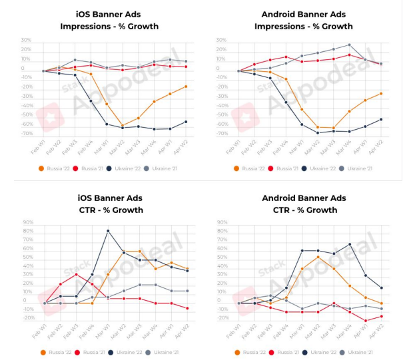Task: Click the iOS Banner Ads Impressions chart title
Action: (x=109, y=21)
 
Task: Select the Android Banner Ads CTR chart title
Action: (x=304, y=204)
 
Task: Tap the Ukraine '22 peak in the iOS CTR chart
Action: (x=108, y=231)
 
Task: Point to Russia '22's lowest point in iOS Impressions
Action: (x=123, y=125)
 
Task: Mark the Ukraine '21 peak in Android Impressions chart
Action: (x=350, y=45)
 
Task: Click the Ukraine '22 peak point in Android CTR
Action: (x=350, y=244)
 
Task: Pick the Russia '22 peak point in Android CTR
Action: (x=318, y=257)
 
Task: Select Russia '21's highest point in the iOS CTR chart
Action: (x=76, y=274)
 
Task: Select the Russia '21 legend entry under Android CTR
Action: (x=287, y=352)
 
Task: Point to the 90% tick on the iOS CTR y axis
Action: (x=28, y=222)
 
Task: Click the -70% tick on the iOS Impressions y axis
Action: (x=27, y=134)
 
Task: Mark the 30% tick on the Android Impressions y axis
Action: (x=222, y=40)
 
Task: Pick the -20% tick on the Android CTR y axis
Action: (x=222, y=317)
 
